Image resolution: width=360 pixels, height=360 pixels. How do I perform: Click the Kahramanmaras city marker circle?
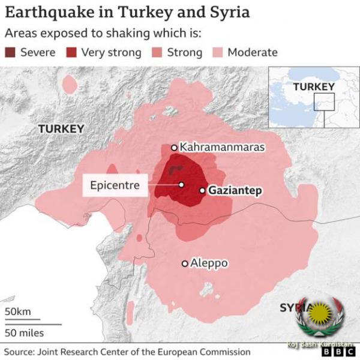(x=174, y=147)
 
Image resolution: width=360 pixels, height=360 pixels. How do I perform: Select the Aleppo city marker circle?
(x=185, y=263)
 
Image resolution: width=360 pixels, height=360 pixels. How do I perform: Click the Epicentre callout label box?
(x=115, y=185)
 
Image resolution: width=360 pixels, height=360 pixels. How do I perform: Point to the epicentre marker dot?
(x=181, y=185)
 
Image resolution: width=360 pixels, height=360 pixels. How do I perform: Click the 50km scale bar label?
(x=18, y=311)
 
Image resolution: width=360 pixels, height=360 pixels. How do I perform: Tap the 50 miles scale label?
(x=24, y=332)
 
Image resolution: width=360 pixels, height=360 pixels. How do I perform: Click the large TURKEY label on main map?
(x=61, y=128)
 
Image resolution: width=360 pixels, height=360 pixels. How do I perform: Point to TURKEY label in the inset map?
(x=313, y=87)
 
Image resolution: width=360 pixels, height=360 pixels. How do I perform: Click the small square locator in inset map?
(x=325, y=102)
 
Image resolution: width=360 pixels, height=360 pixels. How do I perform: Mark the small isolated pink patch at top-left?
(x=70, y=85)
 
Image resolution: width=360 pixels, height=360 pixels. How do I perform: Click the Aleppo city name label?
(x=209, y=263)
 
